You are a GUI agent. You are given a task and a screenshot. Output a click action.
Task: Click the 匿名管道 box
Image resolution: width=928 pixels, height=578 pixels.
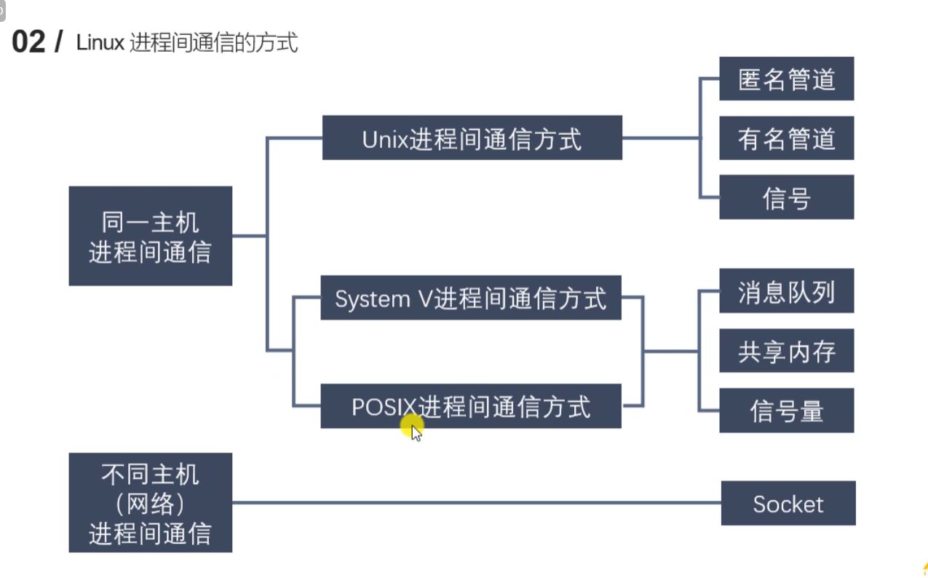[786, 79]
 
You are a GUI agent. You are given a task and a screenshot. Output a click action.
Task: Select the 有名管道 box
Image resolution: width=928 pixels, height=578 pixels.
[786, 138]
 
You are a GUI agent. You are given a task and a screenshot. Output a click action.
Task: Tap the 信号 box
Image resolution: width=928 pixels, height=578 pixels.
[786, 197]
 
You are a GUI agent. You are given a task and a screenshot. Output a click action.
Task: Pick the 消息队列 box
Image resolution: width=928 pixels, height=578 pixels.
[786, 291]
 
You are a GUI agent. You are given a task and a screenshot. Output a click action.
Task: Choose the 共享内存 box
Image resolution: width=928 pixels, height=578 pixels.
[786, 352]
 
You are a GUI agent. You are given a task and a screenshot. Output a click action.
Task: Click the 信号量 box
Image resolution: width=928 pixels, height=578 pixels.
[786, 411]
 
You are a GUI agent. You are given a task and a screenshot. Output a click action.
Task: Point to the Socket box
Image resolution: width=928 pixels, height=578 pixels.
[788, 504]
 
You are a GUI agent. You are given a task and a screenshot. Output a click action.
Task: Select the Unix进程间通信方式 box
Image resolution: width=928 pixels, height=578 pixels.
[472, 138]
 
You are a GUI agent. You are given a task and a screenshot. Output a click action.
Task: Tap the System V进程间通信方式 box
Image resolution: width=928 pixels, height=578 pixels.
[471, 298]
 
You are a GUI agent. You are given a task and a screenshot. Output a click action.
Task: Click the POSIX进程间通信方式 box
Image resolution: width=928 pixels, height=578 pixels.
[471, 406]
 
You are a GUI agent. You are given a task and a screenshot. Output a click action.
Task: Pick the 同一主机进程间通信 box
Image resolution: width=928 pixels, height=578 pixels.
[151, 236]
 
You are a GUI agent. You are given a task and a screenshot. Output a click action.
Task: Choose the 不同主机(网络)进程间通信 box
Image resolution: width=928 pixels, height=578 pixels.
[151, 503]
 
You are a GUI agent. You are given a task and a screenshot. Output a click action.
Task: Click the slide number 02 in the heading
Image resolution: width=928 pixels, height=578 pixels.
[29, 43]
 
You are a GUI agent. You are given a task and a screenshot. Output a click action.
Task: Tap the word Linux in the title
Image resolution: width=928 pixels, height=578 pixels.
[100, 43]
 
